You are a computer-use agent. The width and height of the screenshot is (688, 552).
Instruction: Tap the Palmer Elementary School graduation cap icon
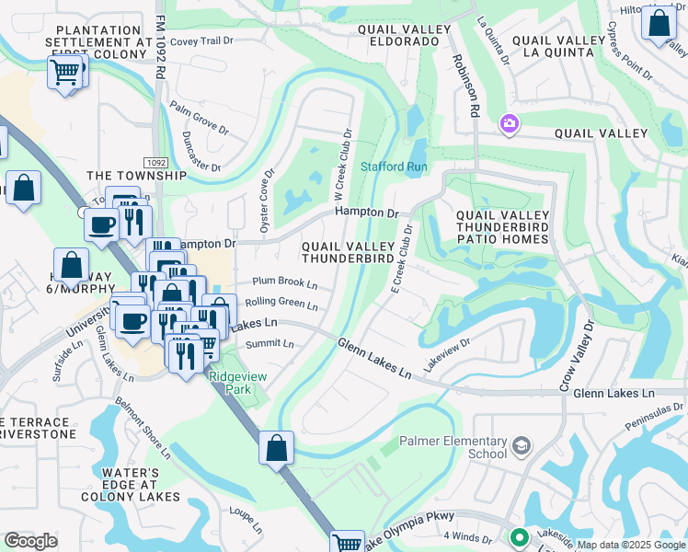[x=522, y=446]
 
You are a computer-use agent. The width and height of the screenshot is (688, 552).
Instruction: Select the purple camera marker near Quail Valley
[x=509, y=123]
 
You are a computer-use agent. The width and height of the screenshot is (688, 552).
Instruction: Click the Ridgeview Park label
[x=230, y=384]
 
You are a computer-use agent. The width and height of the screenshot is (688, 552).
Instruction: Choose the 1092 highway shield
[x=157, y=162]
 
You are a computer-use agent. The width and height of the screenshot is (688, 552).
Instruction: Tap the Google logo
[x=31, y=541]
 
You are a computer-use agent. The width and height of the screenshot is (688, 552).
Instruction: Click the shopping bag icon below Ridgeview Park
[x=276, y=450]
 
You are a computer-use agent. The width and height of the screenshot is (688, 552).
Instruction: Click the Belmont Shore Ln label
[x=143, y=428]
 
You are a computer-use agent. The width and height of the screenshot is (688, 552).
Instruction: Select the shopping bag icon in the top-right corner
[x=659, y=23]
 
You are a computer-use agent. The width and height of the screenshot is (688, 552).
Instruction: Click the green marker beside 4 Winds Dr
[x=519, y=536]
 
